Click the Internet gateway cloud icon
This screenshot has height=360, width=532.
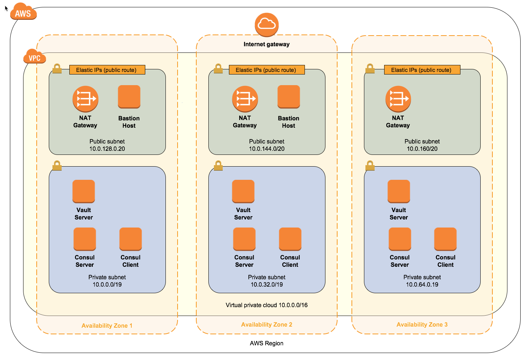tap(266, 25)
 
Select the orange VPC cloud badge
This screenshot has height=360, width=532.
tap(34, 56)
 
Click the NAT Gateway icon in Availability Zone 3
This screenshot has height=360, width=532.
tap(398, 99)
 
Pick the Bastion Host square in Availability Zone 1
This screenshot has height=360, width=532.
tap(129, 97)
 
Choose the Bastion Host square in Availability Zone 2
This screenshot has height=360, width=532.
tap(288, 97)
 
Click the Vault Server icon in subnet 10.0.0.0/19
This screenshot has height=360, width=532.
tap(84, 191)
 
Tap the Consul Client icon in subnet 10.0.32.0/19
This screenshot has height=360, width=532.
tap(290, 239)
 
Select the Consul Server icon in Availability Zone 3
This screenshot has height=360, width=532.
tap(400, 239)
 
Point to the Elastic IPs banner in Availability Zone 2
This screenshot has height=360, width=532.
tap(267, 70)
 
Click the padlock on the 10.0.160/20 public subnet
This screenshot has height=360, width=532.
tap(370, 68)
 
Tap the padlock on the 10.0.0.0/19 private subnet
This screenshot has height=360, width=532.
tap(57, 166)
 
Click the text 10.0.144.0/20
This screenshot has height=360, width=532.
tap(266, 149)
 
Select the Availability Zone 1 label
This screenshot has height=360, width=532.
tap(107, 326)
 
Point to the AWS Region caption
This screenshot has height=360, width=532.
tap(266, 343)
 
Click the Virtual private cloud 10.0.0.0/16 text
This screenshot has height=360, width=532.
tap(266, 305)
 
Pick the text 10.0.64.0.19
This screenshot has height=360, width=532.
tap(422, 284)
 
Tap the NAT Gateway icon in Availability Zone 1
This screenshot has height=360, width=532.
tap(85, 99)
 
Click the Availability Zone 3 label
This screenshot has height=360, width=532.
tap(422, 325)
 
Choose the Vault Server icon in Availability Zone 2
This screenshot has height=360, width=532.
tap(243, 191)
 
